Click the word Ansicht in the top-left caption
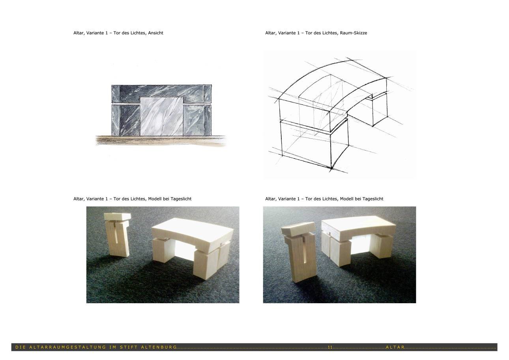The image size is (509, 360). tap(155, 33)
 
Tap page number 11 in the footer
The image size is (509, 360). tap(330, 347)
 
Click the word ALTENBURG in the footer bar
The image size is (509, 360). tap(159, 347)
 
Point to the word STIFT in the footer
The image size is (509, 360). tap(129, 347)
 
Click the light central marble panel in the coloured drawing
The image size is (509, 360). tap(161, 117)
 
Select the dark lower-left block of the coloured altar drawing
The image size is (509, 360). tap(125, 120)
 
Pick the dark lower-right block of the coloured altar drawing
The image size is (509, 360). tap(197, 120)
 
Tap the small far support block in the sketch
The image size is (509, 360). tap(379, 109)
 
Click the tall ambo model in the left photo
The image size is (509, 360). tap(118, 235)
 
